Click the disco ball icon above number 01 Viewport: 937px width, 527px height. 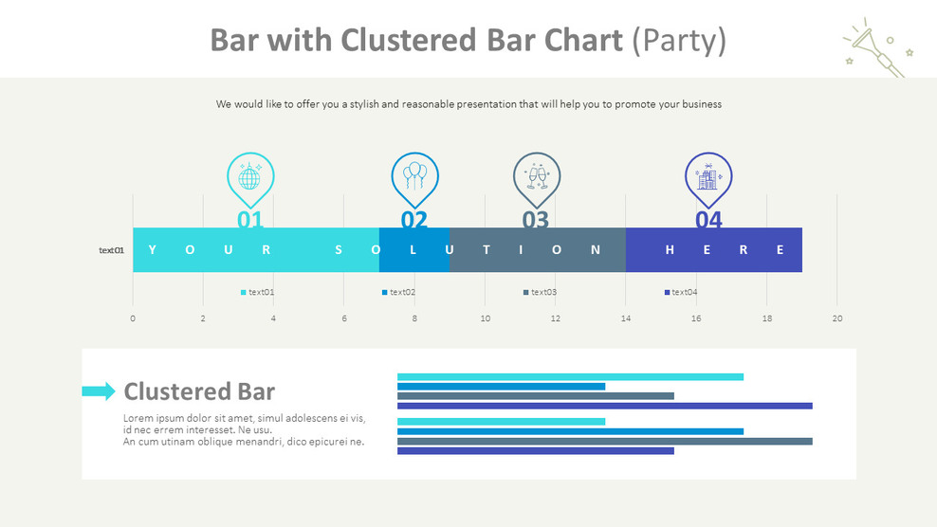click(249, 177)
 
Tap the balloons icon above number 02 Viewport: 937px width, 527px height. click(414, 176)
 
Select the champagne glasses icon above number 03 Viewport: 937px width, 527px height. click(537, 177)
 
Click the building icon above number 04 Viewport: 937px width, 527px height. click(708, 177)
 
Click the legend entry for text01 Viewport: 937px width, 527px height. click(257, 292)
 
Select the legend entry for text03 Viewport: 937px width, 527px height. click(540, 292)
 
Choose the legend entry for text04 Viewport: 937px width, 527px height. click(681, 292)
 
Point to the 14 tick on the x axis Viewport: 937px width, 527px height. click(626, 318)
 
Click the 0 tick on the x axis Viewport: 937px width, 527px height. click(133, 318)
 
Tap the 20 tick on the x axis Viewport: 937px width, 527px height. click(836, 318)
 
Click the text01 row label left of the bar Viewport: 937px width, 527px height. click(112, 250)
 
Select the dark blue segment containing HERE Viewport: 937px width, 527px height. click(713, 250)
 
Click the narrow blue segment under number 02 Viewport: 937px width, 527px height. click(413, 250)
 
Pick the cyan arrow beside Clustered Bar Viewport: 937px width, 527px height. click(98, 391)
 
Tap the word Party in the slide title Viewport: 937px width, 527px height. click(679, 40)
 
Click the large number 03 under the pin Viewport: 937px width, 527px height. click(536, 220)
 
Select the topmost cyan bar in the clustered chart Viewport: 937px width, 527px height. click(570, 376)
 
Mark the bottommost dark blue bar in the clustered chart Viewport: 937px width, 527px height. click(535, 451)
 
